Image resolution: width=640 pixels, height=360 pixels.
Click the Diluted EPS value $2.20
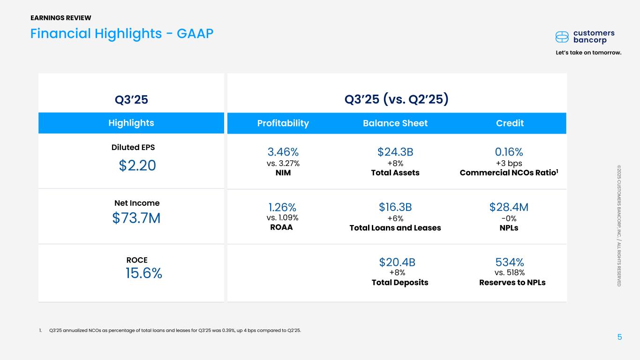tap(137, 165)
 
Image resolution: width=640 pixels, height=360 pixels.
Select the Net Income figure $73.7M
tap(136, 218)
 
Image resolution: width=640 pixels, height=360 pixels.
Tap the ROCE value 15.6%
tap(144, 273)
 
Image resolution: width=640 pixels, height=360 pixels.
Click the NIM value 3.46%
tap(283, 152)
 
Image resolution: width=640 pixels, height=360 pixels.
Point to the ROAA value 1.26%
tap(282, 207)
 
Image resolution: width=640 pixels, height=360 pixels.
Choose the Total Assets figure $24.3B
tap(395, 152)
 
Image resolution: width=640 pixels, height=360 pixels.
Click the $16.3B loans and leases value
tap(395, 207)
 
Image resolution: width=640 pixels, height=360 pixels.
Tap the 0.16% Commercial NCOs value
tap(509, 152)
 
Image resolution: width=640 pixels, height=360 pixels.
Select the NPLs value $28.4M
tap(509, 207)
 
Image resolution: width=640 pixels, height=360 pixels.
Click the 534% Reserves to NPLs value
tap(510, 262)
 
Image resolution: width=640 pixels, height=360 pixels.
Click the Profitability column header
tap(283, 123)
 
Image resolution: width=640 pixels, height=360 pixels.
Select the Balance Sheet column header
tap(395, 123)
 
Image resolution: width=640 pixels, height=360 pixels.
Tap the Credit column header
tap(510, 123)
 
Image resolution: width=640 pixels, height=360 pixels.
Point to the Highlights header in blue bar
tap(131, 123)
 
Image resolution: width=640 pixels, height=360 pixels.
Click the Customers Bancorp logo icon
tap(562, 37)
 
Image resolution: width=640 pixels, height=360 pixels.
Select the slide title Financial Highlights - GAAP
tap(122, 33)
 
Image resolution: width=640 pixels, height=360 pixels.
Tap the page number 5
tap(619, 337)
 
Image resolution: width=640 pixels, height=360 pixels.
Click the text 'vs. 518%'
tap(509, 272)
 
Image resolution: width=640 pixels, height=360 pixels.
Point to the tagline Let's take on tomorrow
tap(589, 52)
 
